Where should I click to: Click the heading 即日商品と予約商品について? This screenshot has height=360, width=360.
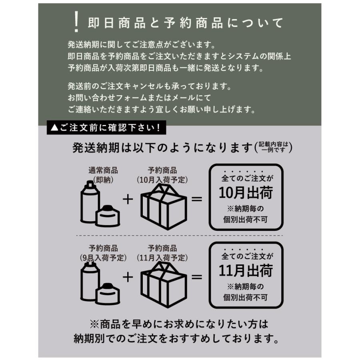tap(185, 23)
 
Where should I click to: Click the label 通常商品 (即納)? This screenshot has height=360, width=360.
tap(103, 175)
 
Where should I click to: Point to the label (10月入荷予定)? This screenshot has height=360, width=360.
tap(162, 180)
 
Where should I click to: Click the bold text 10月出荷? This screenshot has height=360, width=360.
tap(246, 193)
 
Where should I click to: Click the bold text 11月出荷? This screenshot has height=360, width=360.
tap(246, 271)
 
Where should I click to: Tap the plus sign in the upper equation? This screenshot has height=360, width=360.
tap(127, 199)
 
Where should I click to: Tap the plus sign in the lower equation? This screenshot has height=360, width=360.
tap(127, 277)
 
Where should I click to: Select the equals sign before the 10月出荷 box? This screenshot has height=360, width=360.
tap(197, 199)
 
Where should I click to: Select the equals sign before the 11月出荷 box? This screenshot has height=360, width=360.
tap(197, 277)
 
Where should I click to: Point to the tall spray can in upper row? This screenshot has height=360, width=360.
tap(90, 204)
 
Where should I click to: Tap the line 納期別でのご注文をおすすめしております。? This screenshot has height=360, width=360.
tap(176, 339)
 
